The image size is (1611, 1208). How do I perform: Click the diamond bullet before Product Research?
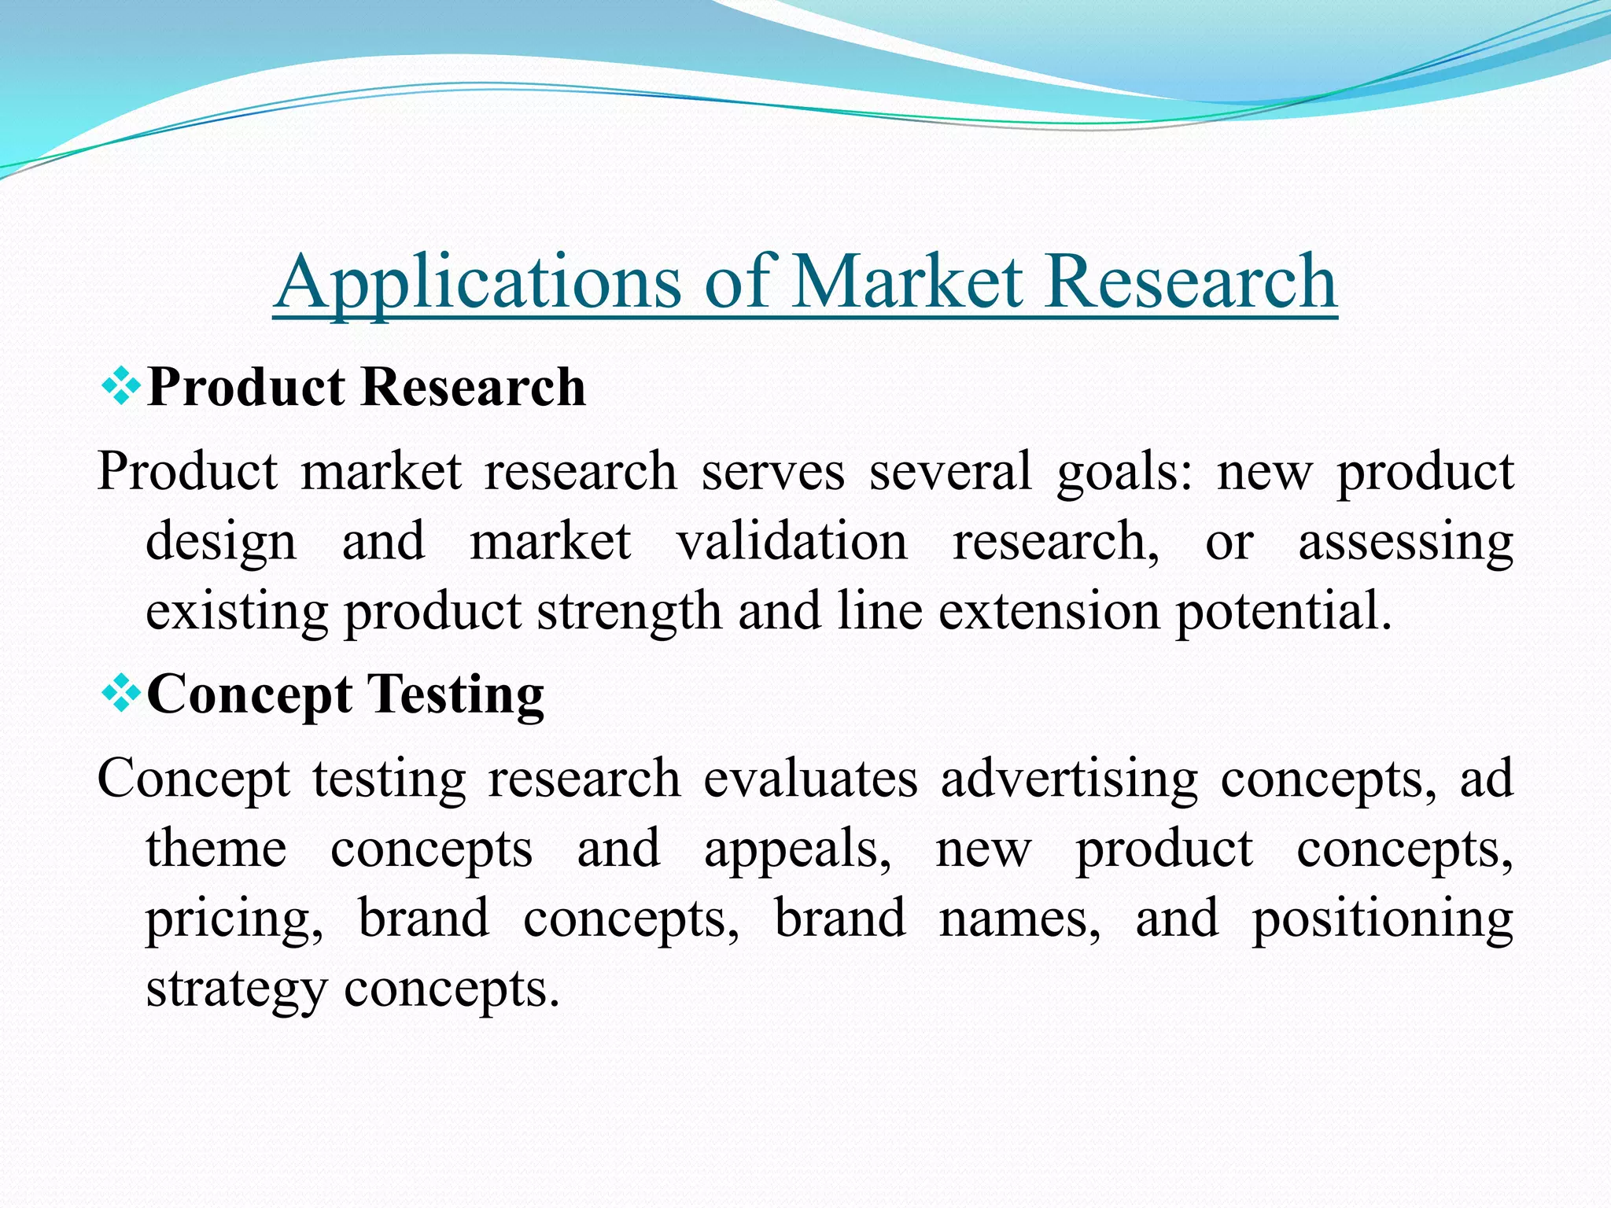(x=122, y=386)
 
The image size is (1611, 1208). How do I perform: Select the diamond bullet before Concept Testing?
(x=122, y=694)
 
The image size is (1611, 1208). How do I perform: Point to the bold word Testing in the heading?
(x=455, y=695)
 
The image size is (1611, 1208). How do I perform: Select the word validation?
(x=791, y=542)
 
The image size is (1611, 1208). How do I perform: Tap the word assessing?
(x=1405, y=542)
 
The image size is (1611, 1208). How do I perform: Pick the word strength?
(x=629, y=612)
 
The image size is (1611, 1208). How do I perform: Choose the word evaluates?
(x=810, y=779)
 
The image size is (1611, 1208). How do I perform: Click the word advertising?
(x=1069, y=779)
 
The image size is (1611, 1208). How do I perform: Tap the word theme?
(x=216, y=849)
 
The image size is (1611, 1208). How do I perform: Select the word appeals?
(x=798, y=849)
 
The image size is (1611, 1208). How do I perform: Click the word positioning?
(x=1382, y=919)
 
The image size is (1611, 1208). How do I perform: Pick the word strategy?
(x=236, y=989)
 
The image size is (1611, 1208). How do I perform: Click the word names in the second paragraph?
(x=1020, y=919)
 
